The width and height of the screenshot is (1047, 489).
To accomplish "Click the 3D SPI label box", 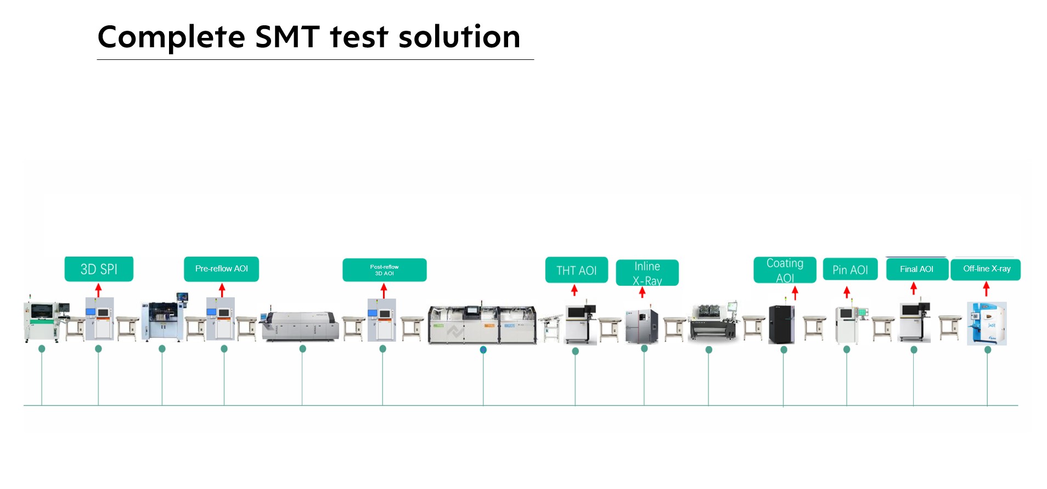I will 99,269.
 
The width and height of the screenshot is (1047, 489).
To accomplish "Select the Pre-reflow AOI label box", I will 221,269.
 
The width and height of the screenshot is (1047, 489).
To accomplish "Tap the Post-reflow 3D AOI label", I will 384,270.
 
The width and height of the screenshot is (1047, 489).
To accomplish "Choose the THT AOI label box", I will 576,270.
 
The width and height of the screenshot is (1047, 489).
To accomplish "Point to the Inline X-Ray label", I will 647,273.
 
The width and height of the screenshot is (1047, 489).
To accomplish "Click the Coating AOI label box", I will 785,270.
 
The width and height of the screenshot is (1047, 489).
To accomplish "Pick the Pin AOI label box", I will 850,270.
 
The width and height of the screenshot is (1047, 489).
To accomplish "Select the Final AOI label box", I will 916,269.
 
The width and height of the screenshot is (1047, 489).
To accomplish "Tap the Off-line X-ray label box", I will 986,269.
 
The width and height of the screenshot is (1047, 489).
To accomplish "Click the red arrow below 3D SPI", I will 98,290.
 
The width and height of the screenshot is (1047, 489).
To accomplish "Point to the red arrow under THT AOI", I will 575,290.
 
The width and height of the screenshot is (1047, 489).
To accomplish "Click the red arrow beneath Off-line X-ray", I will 986,288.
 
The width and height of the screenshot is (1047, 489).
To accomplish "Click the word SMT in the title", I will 287,37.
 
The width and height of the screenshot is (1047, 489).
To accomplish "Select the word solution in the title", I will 459,37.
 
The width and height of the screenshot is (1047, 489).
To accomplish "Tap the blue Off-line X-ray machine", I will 986,324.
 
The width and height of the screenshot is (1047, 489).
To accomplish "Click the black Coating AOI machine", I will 781,324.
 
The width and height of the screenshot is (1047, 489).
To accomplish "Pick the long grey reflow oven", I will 300,326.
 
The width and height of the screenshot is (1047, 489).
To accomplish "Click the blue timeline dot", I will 483,349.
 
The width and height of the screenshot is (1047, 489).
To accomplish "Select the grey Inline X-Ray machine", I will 641,325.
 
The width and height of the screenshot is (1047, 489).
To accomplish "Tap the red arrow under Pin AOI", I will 847,292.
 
